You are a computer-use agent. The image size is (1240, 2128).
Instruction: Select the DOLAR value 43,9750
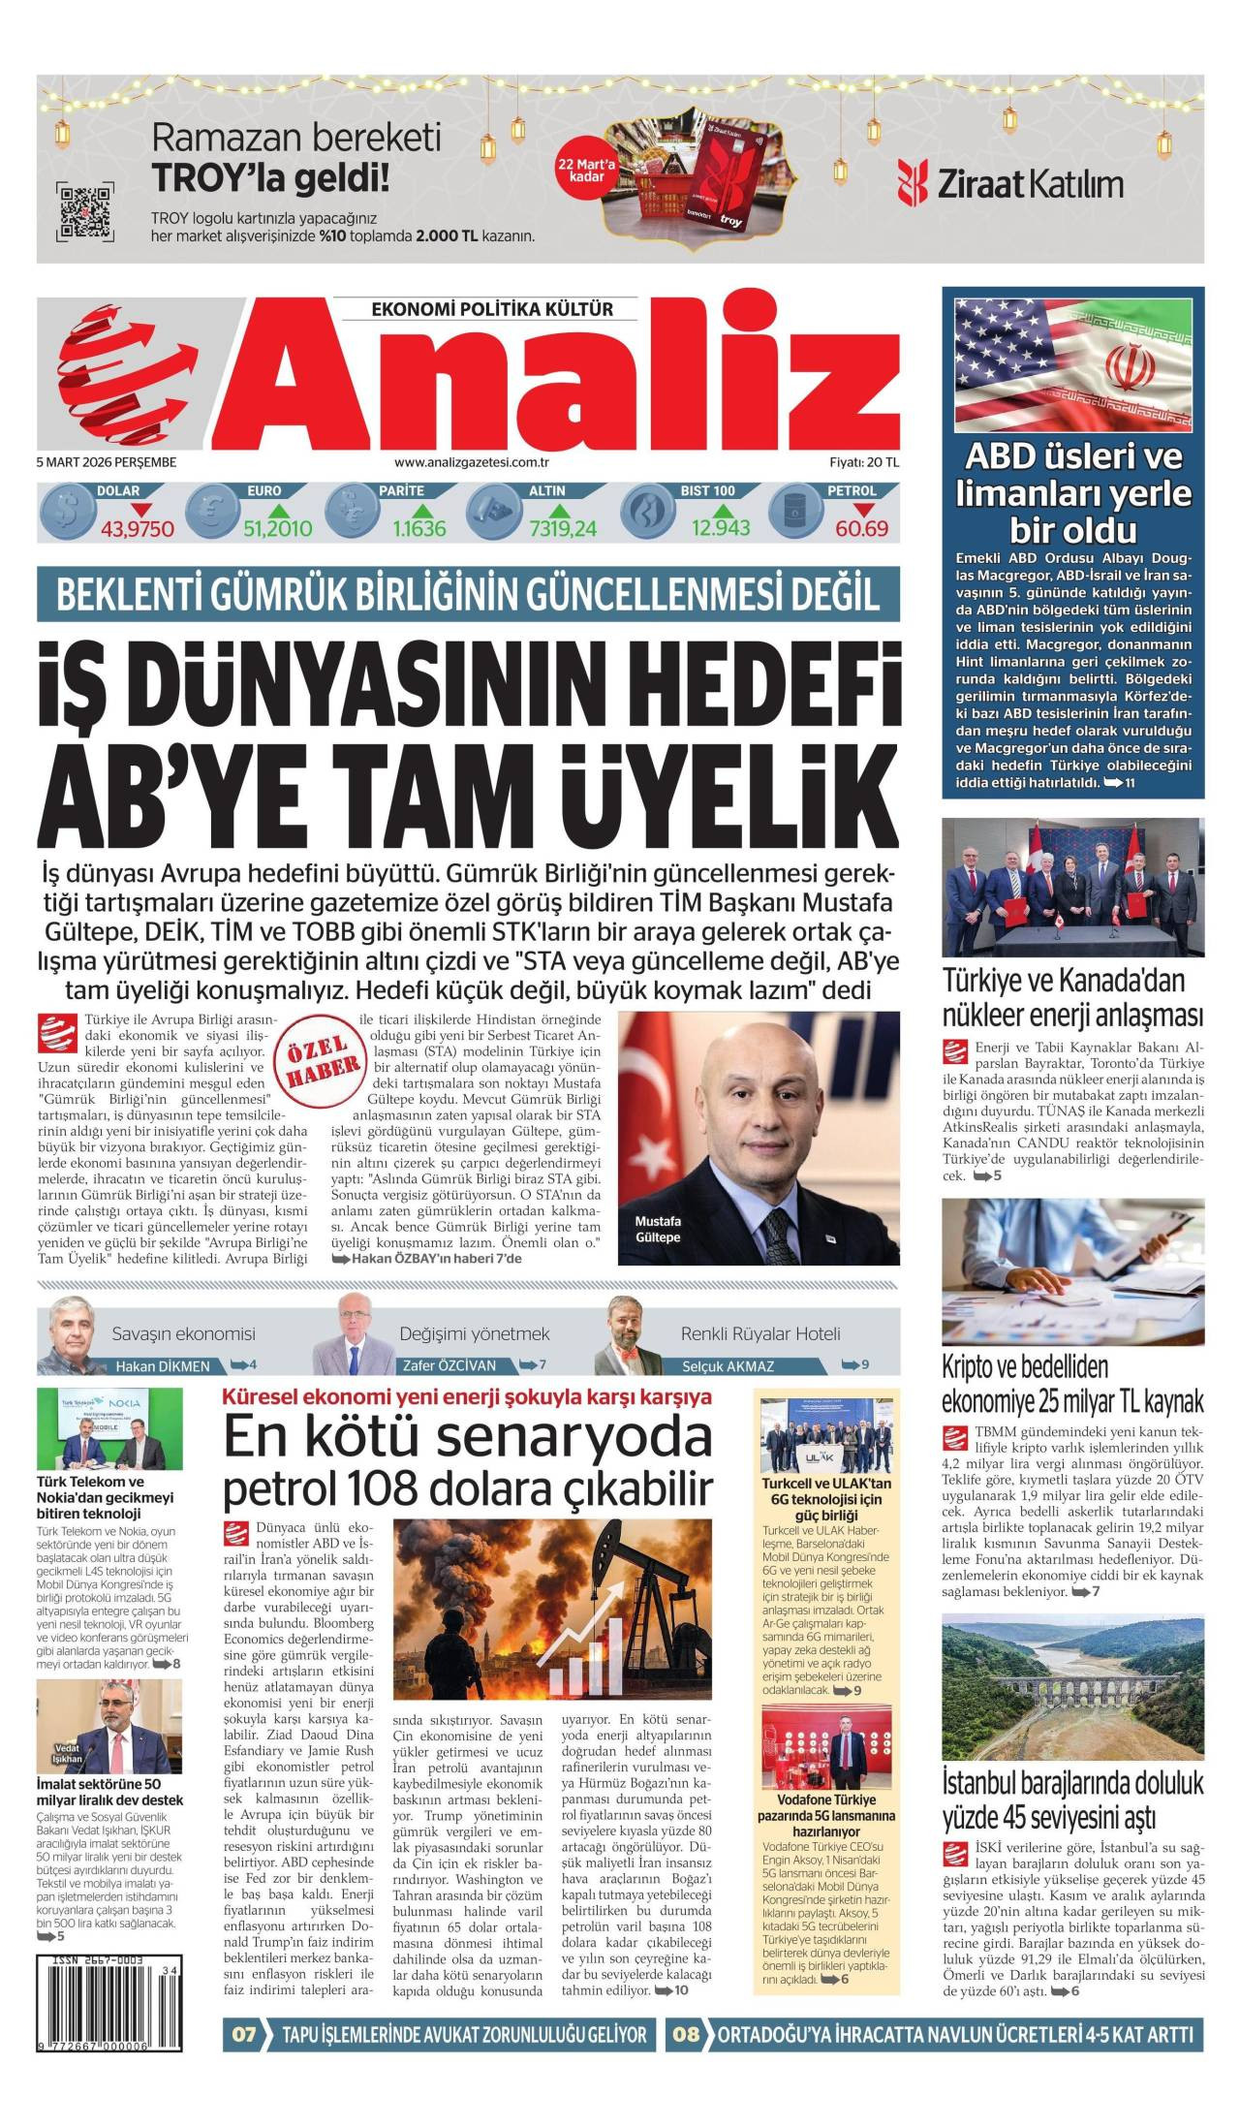[138, 528]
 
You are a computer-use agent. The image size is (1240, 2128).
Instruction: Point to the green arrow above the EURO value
[278, 510]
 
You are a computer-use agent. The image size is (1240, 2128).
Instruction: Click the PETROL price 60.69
[862, 528]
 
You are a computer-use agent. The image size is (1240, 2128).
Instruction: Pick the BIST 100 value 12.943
[720, 528]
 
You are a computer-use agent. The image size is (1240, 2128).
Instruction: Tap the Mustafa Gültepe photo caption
[659, 1229]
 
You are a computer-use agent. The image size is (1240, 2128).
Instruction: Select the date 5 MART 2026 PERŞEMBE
[107, 462]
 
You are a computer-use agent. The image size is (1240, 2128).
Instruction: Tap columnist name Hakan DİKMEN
[163, 1366]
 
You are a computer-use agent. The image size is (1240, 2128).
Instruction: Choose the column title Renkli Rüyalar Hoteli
[760, 1333]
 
